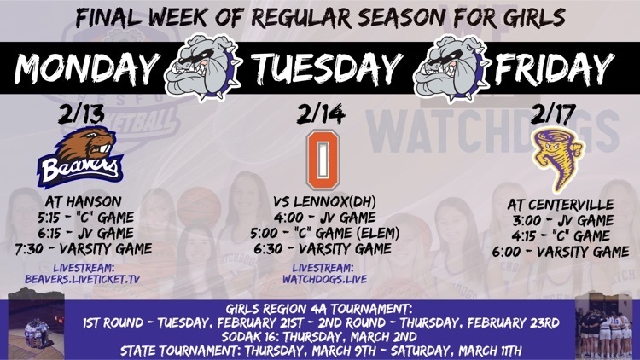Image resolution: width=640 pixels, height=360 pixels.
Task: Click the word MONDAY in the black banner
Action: pos(87,67)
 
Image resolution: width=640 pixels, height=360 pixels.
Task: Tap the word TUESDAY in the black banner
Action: pos(327,67)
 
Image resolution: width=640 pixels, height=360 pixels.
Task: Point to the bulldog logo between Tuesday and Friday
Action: pos(451,67)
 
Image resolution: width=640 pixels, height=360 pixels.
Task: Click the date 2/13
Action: pos(81,114)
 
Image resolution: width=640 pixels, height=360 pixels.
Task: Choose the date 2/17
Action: pos(553,113)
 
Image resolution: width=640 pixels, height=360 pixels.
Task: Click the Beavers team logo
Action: pos(81,157)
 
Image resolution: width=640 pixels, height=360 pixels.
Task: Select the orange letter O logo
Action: pos(323,160)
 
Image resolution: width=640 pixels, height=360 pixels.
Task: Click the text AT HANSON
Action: pos(84,201)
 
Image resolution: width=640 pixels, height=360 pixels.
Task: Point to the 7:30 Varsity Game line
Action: pos(84,249)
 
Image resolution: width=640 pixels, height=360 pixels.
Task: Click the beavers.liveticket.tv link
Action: pos(83,279)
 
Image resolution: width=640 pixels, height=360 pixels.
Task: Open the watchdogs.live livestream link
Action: pos(324,279)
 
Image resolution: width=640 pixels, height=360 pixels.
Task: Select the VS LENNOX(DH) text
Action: pos(324,201)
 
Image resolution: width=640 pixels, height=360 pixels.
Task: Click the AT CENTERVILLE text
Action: pos(560,205)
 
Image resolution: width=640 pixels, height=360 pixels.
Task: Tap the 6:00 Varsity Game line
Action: pos(560,252)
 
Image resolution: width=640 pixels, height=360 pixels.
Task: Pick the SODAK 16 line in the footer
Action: pos(320,337)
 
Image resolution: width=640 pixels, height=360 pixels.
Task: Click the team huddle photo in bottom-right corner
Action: pos(605,326)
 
